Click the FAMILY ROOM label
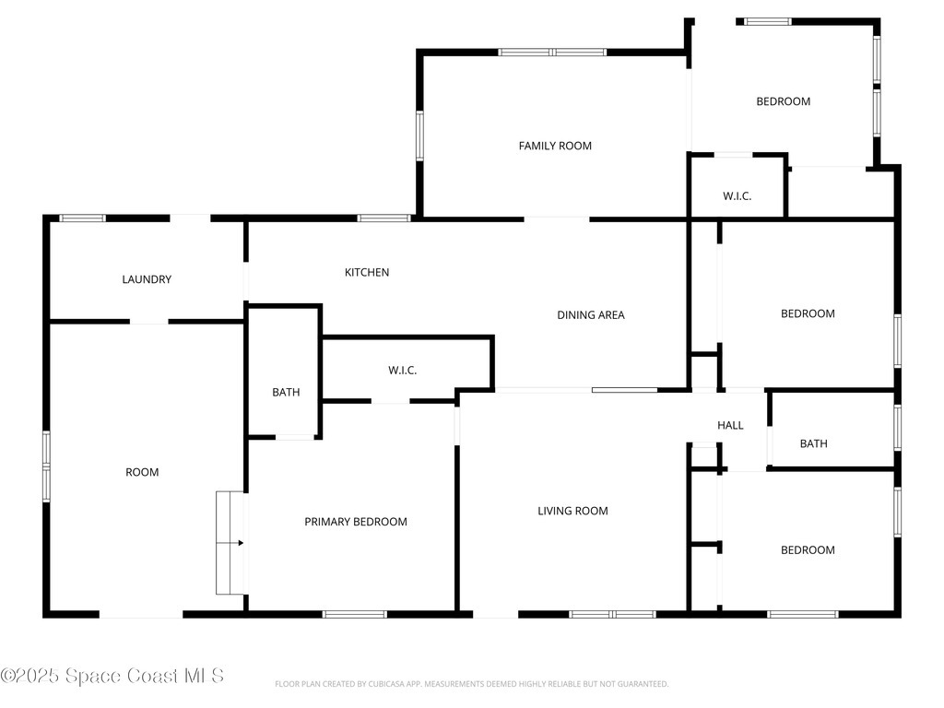click(x=555, y=146)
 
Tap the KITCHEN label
click(x=367, y=272)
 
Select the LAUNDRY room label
click(x=147, y=279)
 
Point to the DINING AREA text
click(x=591, y=315)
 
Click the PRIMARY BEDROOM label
click(x=356, y=522)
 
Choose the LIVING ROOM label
click(x=572, y=511)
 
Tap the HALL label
click(x=730, y=426)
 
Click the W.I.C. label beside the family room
click(x=737, y=196)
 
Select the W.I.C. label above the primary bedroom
click(x=402, y=371)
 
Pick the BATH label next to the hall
click(x=813, y=443)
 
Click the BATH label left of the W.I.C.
click(x=286, y=393)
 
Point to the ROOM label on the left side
click(x=142, y=473)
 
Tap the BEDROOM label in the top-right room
click(x=784, y=101)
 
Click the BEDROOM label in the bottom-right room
click(x=808, y=550)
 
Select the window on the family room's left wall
click(x=419, y=136)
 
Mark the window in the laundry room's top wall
click(x=82, y=218)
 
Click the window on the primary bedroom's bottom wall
click(x=355, y=614)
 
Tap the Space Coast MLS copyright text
click(x=112, y=676)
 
